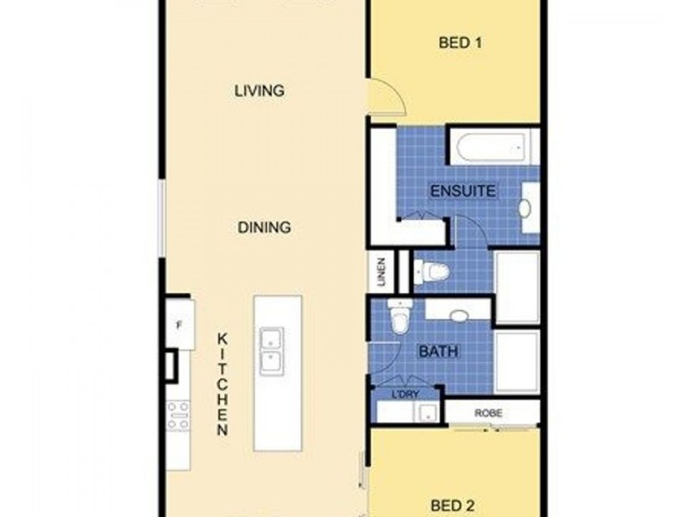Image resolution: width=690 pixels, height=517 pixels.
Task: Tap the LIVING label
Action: click(260, 90)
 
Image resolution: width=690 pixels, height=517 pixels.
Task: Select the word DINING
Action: click(263, 227)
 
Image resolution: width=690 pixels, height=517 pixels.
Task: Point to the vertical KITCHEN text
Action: click(222, 383)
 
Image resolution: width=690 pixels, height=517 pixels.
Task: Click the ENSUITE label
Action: click(463, 190)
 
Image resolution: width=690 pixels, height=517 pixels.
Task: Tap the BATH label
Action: click(438, 352)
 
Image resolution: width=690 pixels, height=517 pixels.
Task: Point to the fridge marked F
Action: click(179, 324)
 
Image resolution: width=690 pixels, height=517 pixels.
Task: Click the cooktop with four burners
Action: click(178, 416)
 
